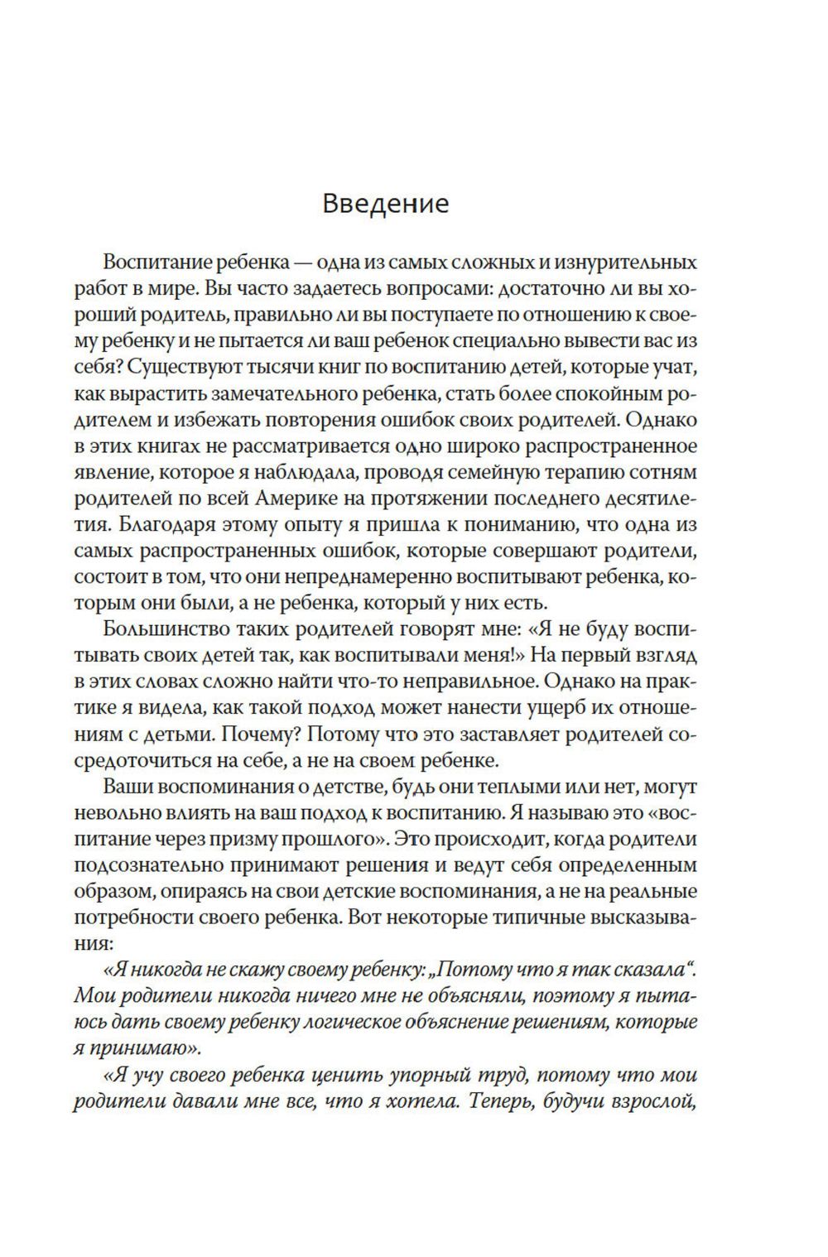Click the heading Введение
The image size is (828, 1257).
385,203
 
